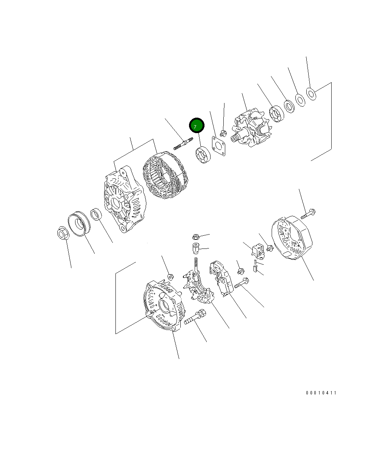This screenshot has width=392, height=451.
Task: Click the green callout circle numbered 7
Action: pos(197,126)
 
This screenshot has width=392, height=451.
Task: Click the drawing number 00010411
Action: pos(321,393)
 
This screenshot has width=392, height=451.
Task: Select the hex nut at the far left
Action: pos(62,234)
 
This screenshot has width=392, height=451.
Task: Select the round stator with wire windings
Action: pos(165,177)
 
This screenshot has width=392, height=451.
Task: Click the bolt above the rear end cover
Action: pos(308,214)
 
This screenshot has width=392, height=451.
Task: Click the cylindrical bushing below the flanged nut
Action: pos(195,249)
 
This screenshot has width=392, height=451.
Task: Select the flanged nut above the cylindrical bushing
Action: pos(195,237)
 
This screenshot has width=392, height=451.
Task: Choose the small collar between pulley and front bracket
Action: pos(97,215)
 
